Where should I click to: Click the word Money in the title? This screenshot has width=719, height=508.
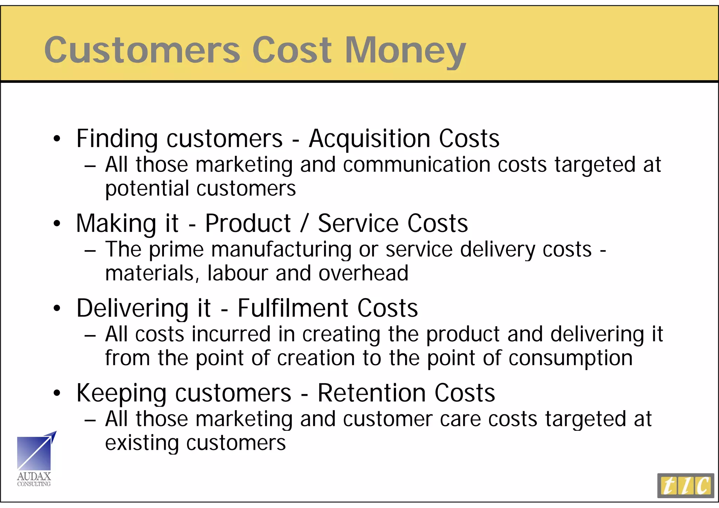point(405,51)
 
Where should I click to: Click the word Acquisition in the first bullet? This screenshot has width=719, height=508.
point(369,139)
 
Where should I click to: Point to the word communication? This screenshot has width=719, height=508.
point(416,165)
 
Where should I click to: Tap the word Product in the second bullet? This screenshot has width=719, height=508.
point(248,223)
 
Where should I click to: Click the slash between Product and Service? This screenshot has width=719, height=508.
point(304,223)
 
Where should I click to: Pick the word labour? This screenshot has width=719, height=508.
point(238,273)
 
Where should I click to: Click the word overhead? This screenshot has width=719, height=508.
point(363,273)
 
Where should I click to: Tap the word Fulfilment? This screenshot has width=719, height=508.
point(293,308)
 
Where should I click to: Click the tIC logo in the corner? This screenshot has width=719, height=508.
point(685,486)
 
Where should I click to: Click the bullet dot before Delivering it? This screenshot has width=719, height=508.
point(57,308)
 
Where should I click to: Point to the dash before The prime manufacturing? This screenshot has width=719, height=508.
point(90,251)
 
